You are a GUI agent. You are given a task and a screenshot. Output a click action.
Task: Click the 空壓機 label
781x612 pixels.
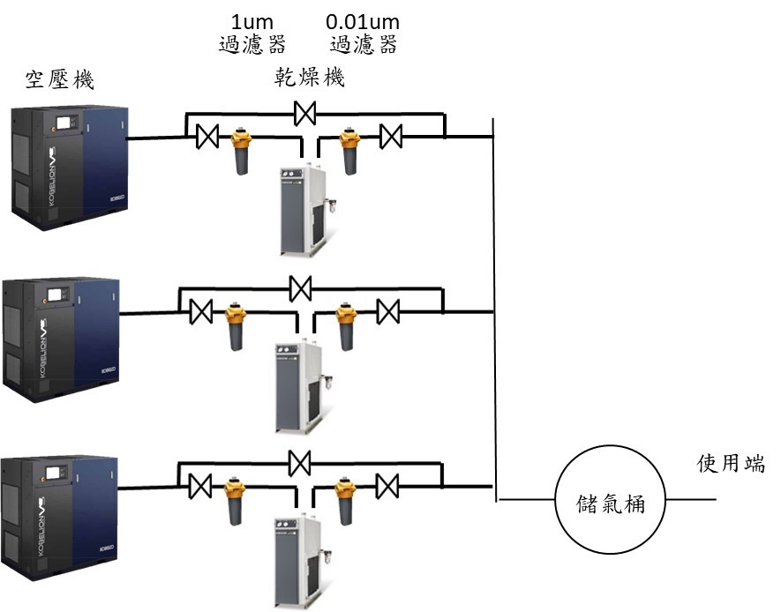click(x=59, y=81)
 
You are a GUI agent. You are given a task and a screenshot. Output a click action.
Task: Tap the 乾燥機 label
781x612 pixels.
click(x=308, y=78)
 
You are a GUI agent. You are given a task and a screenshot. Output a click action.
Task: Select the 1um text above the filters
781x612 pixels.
click(x=252, y=20)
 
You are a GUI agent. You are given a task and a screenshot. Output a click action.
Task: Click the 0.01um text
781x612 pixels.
click(x=362, y=20)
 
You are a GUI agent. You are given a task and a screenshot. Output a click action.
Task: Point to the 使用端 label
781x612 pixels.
click(x=727, y=464)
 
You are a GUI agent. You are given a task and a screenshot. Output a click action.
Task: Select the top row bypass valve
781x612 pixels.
click(x=306, y=113)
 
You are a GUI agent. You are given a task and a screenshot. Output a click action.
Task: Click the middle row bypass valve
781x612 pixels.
click(x=302, y=287)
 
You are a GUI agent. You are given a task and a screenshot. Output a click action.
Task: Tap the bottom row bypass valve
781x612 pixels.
click(x=301, y=461)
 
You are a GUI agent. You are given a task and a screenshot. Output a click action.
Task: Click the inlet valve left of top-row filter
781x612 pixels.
click(x=208, y=137)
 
